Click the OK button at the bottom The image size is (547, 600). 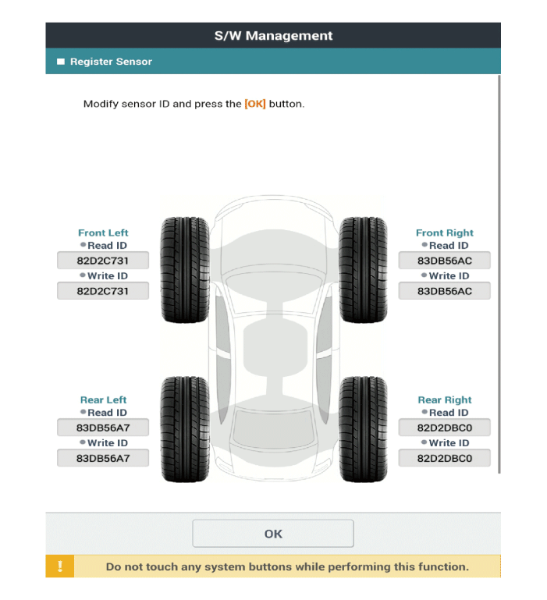point(272,534)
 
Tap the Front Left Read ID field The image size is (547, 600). point(103,261)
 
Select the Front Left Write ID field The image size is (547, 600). point(103,291)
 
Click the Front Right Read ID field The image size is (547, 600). point(444,261)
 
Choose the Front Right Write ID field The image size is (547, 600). point(444,291)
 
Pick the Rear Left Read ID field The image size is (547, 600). point(103,428)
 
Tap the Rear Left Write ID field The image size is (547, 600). point(103,458)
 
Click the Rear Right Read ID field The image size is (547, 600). point(444,428)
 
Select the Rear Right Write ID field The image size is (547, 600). point(444,458)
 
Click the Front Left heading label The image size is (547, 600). point(103,233)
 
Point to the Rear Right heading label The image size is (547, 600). point(445,399)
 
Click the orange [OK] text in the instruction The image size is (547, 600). point(255,104)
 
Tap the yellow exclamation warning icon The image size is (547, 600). point(60,566)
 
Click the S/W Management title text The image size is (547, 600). point(273,36)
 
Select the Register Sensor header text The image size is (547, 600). point(111,62)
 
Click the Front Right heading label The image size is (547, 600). point(445,233)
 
